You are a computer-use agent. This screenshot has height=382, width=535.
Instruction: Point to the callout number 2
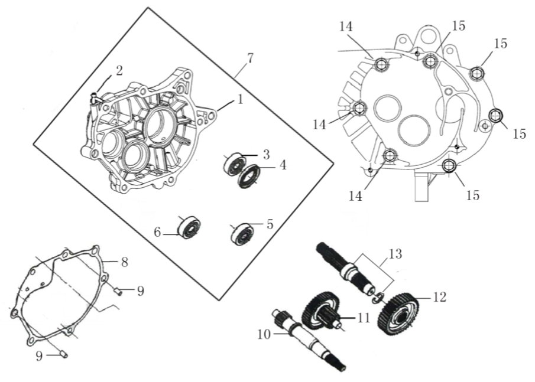click(x=119, y=71)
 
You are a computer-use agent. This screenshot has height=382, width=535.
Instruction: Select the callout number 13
click(x=395, y=254)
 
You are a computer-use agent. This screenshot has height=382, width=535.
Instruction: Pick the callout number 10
click(x=264, y=334)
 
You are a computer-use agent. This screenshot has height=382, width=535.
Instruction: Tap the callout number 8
click(x=124, y=262)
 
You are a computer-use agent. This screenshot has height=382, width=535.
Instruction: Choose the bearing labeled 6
click(x=190, y=228)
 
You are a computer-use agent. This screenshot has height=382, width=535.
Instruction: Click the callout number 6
click(x=158, y=233)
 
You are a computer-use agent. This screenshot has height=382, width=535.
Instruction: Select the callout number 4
click(x=283, y=165)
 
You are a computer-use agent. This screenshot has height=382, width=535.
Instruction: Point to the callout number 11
click(x=363, y=318)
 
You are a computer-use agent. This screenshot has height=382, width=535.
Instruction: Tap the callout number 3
click(x=266, y=154)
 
